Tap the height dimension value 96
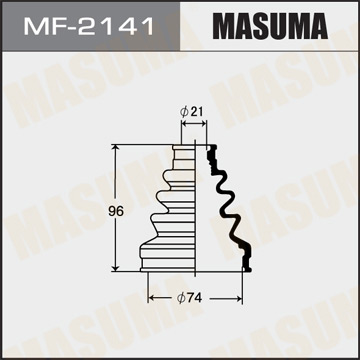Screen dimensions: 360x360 click(100, 210)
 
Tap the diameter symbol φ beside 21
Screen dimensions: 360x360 click(184, 112)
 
